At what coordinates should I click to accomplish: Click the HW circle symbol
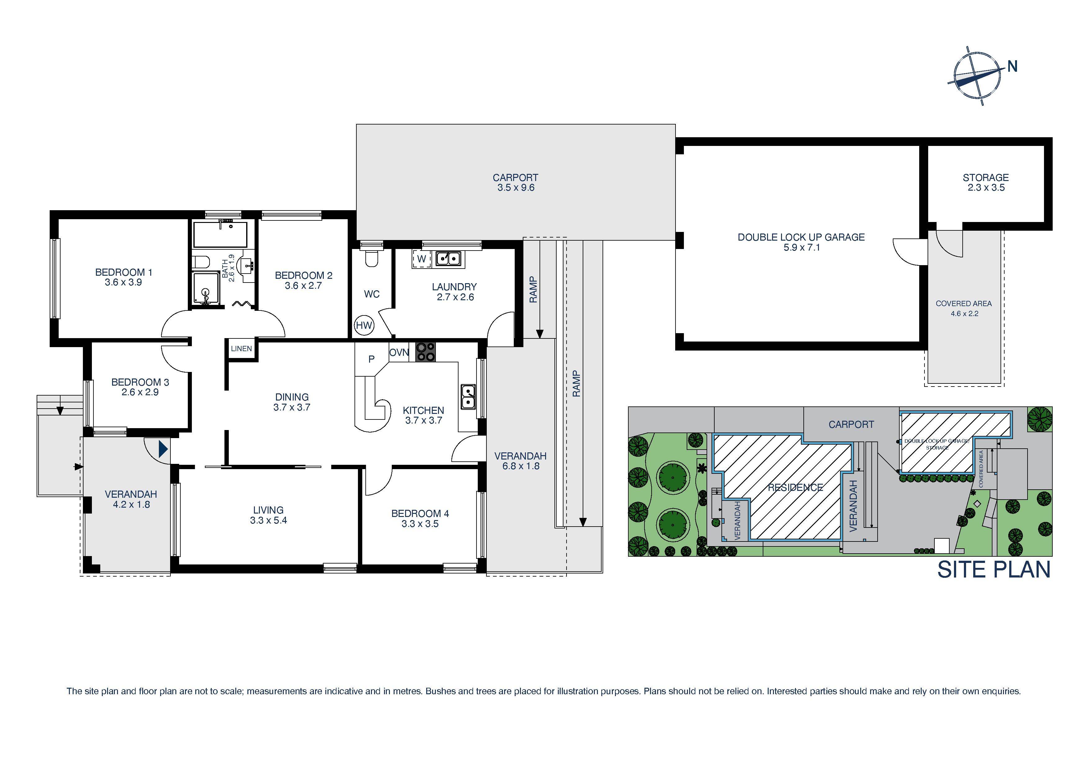(x=364, y=325)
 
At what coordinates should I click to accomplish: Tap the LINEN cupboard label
(x=242, y=349)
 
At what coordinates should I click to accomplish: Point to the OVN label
(x=399, y=352)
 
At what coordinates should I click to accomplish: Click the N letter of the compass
(x=1012, y=67)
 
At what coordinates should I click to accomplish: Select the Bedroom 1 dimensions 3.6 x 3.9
(x=123, y=282)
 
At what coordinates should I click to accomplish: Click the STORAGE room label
(x=985, y=177)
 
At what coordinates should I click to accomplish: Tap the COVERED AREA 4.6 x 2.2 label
(x=963, y=308)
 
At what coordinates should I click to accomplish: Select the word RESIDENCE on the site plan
(x=795, y=487)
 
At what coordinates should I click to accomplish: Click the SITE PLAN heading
(x=994, y=570)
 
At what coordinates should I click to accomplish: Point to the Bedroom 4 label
(x=420, y=513)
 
